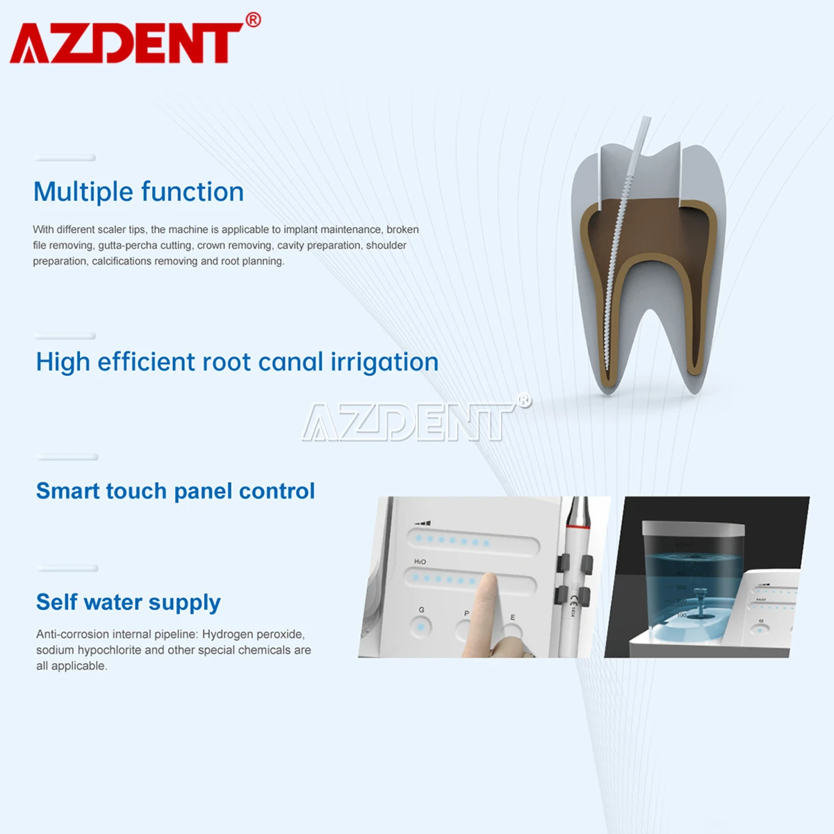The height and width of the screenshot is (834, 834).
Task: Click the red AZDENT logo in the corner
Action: (125, 43)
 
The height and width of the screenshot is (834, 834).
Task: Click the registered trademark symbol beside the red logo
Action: (253, 20)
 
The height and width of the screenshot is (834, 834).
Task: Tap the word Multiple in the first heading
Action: (83, 192)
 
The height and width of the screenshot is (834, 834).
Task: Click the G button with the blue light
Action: (420, 627)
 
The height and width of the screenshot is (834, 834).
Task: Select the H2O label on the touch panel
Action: (420, 562)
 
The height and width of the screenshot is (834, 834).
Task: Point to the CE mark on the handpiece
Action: (573, 600)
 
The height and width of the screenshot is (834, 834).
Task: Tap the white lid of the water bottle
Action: (693, 530)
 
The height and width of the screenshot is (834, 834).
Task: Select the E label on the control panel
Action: (513, 617)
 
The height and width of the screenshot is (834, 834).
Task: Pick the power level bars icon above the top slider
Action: (423, 523)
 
